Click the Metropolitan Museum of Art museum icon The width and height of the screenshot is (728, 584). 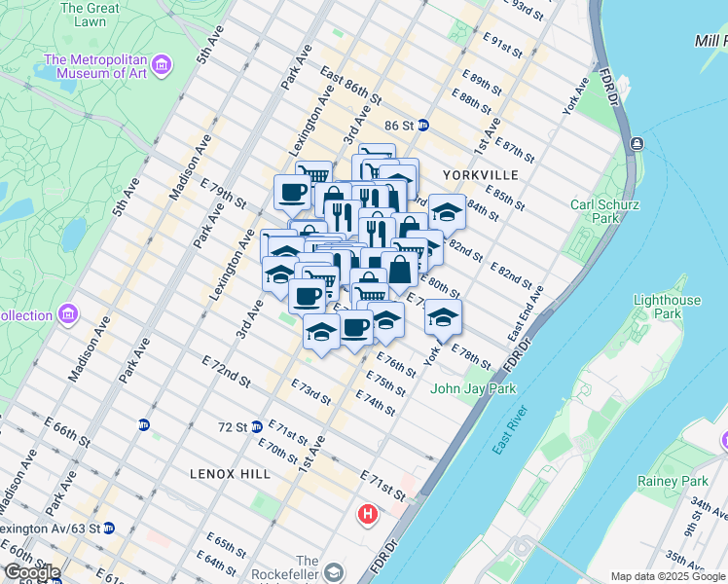162,65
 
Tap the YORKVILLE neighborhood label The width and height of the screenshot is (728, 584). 474,174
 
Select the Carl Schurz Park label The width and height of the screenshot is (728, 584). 604,211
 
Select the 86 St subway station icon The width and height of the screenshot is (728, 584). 423,126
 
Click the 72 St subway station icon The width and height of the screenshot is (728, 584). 256,426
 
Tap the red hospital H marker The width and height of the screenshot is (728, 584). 368,513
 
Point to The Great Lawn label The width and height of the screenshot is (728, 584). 90,15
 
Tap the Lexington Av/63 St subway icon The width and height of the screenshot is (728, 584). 109,529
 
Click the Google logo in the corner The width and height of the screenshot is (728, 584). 31,572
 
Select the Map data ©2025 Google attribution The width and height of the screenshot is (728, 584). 668,576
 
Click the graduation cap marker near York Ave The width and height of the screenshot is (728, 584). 443,316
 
